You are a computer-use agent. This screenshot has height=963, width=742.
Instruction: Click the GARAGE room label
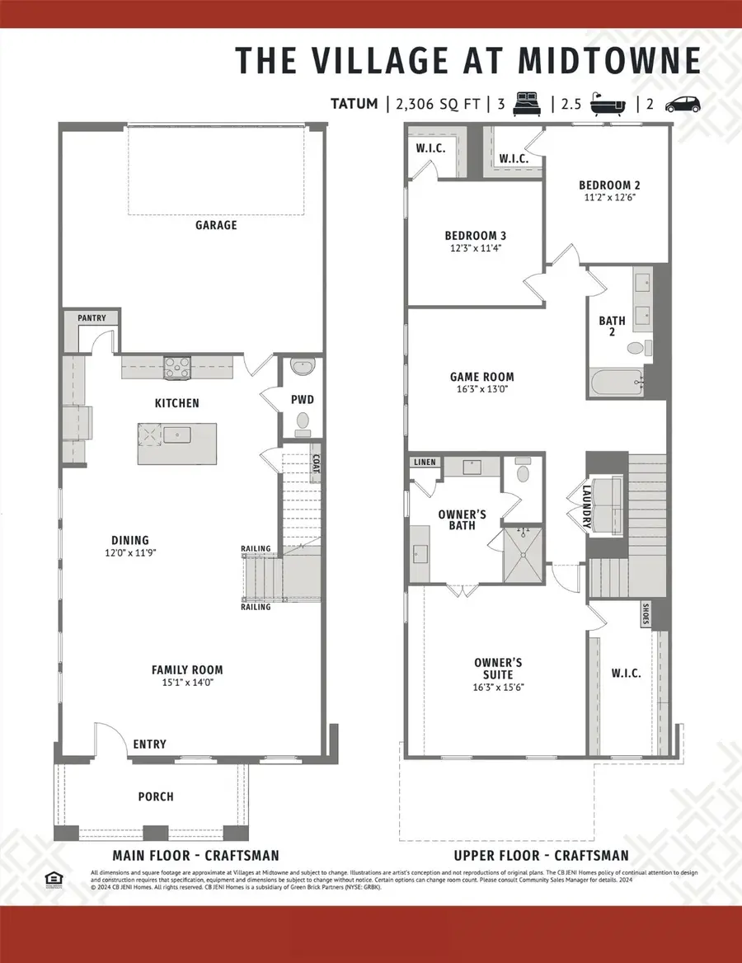tap(216, 224)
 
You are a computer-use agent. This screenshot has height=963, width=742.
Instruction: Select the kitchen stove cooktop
tap(177, 365)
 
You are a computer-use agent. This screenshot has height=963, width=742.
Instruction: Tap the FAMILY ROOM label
tap(187, 670)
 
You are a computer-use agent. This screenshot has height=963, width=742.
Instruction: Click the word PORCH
tap(156, 796)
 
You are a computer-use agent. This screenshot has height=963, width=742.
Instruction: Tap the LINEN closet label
tap(425, 463)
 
